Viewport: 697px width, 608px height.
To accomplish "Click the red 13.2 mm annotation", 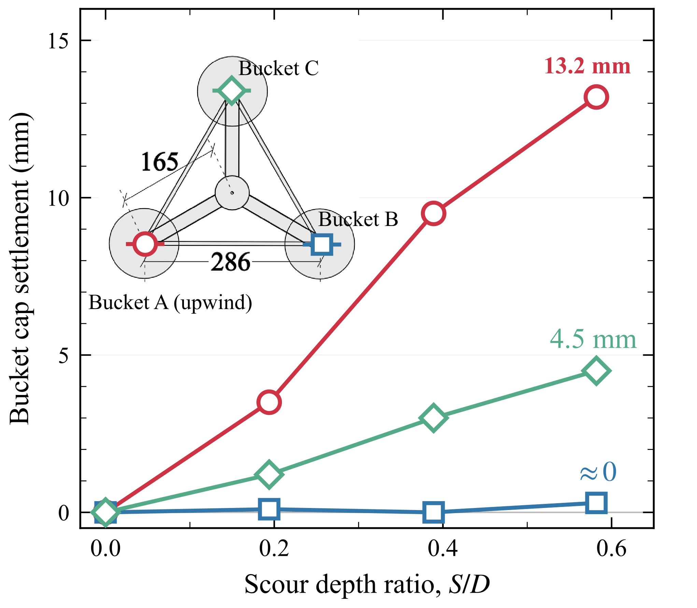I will (587, 66).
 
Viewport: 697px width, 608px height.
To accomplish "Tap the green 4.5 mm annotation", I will (593, 339).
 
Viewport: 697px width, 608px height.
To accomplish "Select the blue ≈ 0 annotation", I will (598, 472).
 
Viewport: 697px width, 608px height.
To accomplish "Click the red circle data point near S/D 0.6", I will (596, 97).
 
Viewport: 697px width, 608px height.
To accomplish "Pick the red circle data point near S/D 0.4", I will (433, 213).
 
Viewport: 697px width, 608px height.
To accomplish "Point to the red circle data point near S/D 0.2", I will (269, 402).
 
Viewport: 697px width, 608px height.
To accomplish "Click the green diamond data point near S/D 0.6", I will (596, 371).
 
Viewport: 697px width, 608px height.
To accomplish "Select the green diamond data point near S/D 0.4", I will (433, 418).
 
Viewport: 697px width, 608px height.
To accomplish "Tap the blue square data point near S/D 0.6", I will (596, 503).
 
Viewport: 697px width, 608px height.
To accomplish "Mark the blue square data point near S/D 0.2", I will (269, 509).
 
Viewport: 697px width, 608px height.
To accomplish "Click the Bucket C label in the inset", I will (278, 68).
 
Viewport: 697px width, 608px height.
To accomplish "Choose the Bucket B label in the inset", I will (358, 219).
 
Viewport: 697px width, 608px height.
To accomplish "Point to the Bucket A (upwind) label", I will (170, 302).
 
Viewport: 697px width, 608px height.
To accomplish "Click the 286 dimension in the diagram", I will (230, 262).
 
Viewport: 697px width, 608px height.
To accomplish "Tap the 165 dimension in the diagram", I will (159, 161).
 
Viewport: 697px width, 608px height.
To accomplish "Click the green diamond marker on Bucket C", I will (232, 91).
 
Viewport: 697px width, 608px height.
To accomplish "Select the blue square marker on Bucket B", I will (322, 244).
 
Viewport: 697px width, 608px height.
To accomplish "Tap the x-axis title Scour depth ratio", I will (367, 584).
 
